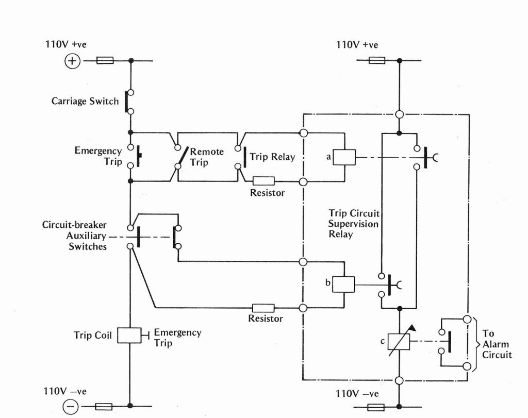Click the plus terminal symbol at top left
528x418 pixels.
point(72,61)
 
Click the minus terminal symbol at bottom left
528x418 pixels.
point(71,407)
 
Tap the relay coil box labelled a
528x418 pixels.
point(344,157)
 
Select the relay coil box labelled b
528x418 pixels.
point(343,285)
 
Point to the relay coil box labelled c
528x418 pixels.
point(399,342)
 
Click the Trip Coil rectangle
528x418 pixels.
point(129,336)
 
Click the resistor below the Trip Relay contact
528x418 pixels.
point(263,181)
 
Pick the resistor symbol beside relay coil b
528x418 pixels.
point(263,308)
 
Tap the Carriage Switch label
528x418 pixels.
point(85,102)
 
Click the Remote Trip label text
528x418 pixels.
point(206,157)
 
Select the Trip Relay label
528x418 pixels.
point(272,157)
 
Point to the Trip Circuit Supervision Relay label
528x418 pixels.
point(354,224)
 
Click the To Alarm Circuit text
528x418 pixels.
point(497,344)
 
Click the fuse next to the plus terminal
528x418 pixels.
point(105,61)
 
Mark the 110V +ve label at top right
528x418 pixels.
point(357,45)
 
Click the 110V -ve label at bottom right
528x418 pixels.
point(357,394)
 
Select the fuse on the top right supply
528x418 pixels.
point(377,61)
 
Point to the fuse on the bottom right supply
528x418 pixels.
point(377,407)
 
